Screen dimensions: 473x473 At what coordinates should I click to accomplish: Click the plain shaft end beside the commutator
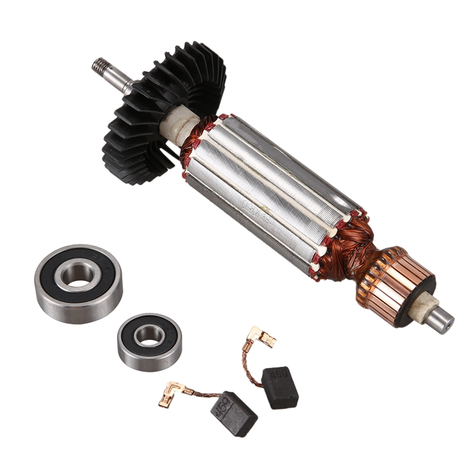pos(443,319)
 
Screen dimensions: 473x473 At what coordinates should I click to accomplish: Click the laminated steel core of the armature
pos(272,195)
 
